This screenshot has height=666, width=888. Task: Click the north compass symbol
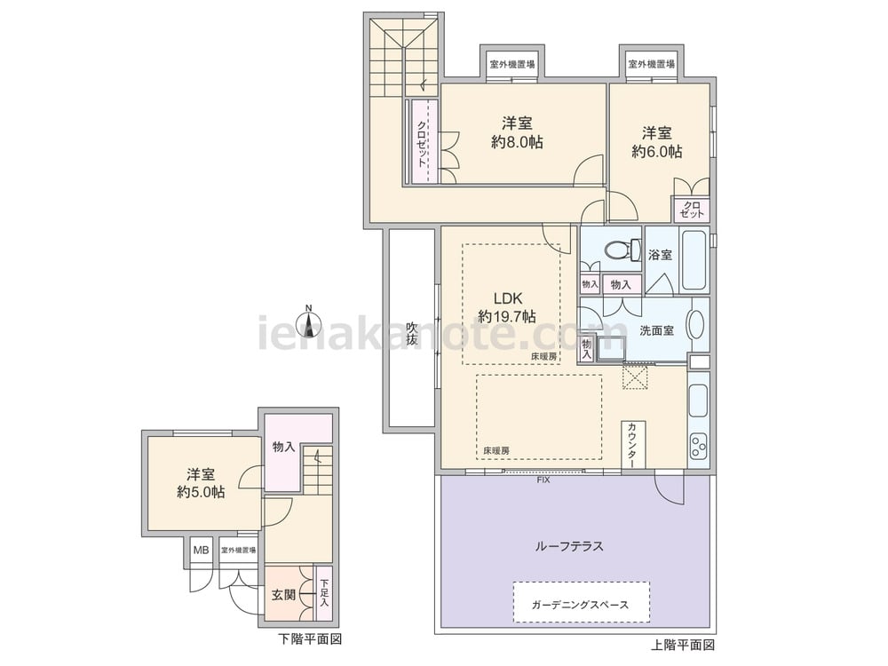pyautogui.click(x=309, y=321)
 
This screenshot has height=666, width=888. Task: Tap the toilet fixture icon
pyautogui.click(x=612, y=250)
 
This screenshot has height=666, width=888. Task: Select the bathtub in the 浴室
pyautogui.click(x=693, y=261)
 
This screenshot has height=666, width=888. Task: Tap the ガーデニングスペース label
pyautogui.click(x=581, y=605)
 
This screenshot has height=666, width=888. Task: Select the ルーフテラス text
pyautogui.click(x=569, y=546)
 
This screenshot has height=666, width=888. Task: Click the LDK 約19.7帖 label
pyautogui.click(x=506, y=307)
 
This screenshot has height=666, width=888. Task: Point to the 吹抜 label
pyautogui.click(x=411, y=334)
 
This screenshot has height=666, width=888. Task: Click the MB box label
pyautogui.click(x=202, y=551)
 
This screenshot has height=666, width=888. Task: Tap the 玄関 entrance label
pyautogui.click(x=283, y=594)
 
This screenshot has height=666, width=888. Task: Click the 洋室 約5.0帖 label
pyautogui.click(x=200, y=483)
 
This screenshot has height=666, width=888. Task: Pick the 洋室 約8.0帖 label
pyautogui.click(x=518, y=133)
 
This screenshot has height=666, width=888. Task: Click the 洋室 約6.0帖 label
pyautogui.click(x=657, y=142)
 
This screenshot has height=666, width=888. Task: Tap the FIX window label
pyautogui.click(x=543, y=480)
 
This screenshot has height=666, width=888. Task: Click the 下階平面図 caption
pyautogui.click(x=310, y=638)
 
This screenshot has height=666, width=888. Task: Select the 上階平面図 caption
pyautogui.click(x=683, y=645)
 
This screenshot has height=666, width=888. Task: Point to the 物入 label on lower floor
pyautogui.click(x=283, y=447)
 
